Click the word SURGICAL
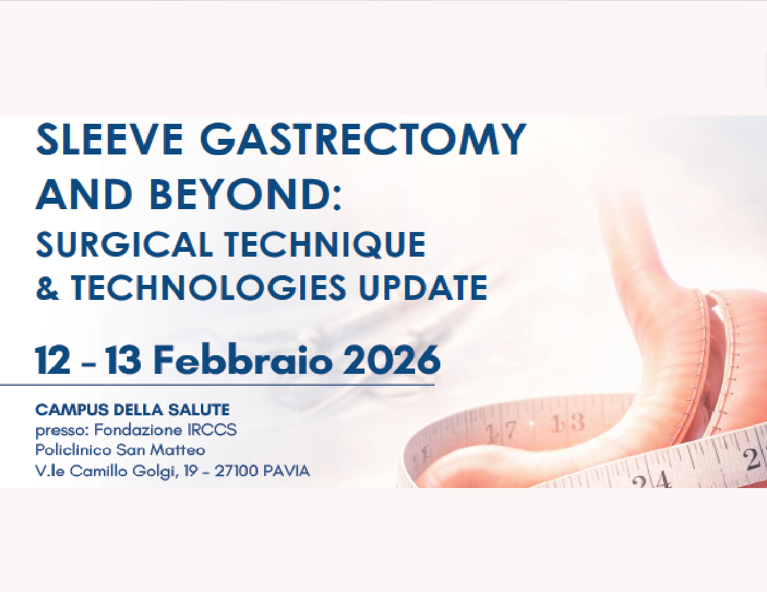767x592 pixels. click(x=124, y=245)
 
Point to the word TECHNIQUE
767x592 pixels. click(x=325, y=245)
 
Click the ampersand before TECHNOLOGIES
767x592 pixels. click(x=48, y=287)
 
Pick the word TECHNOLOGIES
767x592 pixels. click(x=208, y=287)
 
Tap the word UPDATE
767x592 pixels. click(x=423, y=287)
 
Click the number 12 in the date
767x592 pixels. click(x=53, y=360)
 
